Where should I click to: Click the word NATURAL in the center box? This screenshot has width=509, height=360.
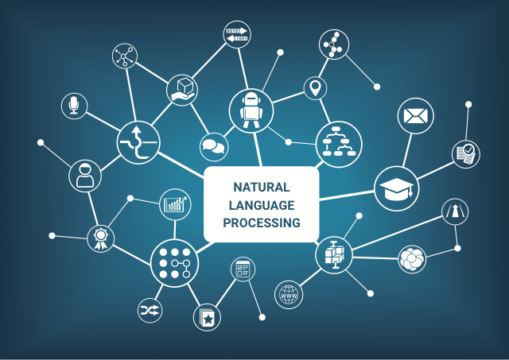click(x=262, y=188)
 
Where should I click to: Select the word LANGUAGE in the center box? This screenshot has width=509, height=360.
click(x=262, y=205)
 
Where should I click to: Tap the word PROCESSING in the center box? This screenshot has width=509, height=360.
click(x=262, y=223)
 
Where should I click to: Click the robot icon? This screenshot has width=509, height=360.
click(x=251, y=110)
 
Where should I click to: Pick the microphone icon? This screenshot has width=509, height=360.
click(x=74, y=106)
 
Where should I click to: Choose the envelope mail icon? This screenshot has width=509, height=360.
click(x=415, y=116)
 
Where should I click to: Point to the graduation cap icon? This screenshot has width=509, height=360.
click(x=397, y=188)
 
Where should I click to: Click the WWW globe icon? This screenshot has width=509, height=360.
click(x=289, y=295)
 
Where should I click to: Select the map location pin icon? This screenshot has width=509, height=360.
click(x=315, y=88)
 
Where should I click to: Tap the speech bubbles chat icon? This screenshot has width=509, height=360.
click(x=214, y=146)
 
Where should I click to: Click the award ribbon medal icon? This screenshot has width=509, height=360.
click(x=101, y=238)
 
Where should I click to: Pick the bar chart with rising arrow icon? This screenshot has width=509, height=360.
click(x=175, y=204)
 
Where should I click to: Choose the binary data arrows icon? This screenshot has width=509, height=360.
click(x=237, y=34)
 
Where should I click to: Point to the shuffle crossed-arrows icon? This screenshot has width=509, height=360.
click(x=150, y=311)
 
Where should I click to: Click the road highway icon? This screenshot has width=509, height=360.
click(x=455, y=211)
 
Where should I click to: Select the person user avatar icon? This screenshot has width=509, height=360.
click(x=85, y=176)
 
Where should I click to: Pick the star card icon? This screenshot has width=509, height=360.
click(x=207, y=317)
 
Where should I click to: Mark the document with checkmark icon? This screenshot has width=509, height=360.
click(x=466, y=154)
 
